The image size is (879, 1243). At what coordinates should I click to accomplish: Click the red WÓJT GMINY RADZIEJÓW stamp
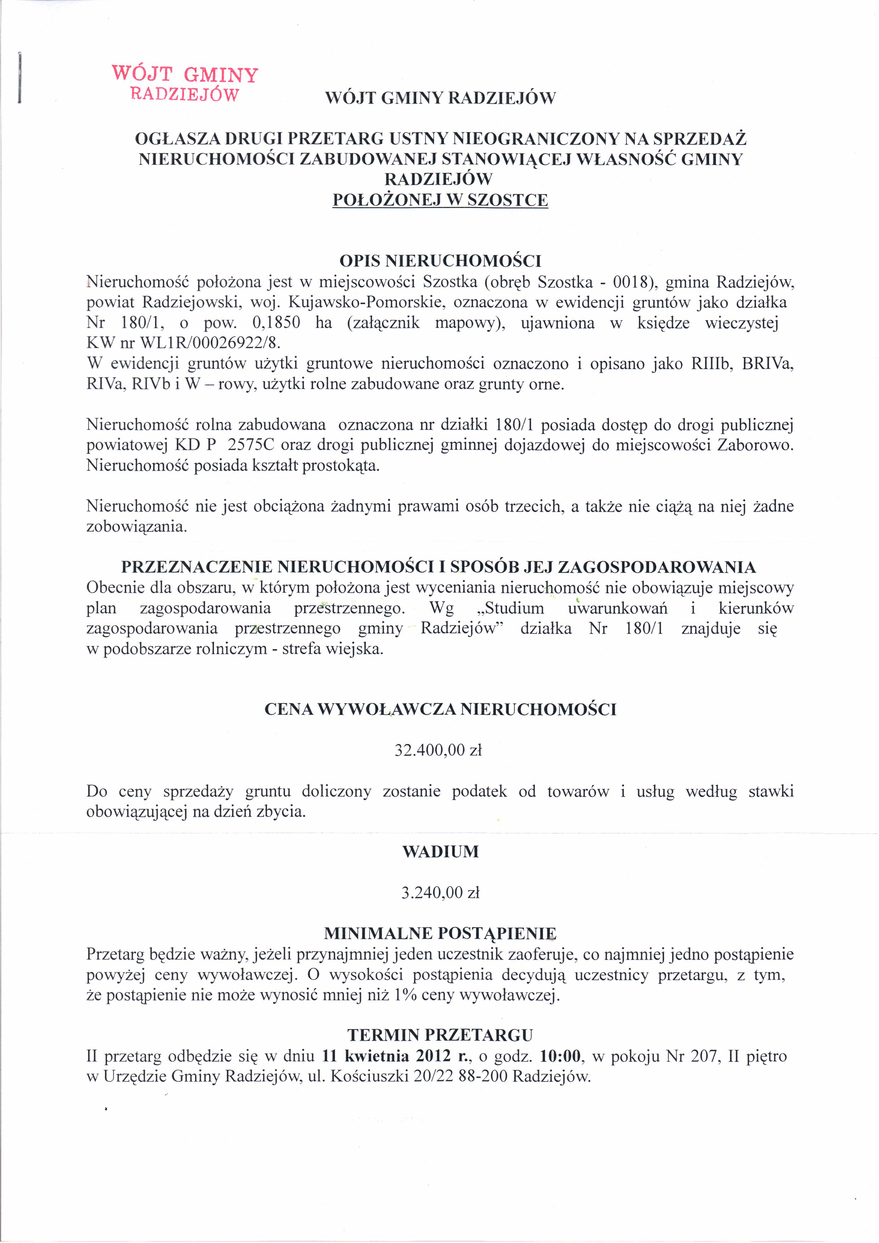tap(184, 84)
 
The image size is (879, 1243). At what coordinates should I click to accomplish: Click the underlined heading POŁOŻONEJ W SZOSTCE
tap(440, 200)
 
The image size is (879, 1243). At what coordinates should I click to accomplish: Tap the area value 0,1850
tap(276, 323)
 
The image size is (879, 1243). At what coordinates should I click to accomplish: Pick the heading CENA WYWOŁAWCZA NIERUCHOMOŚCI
tap(440, 710)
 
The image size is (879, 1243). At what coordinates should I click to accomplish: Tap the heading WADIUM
tap(440, 851)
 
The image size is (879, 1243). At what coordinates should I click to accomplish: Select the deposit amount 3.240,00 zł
tap(440, 893)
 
